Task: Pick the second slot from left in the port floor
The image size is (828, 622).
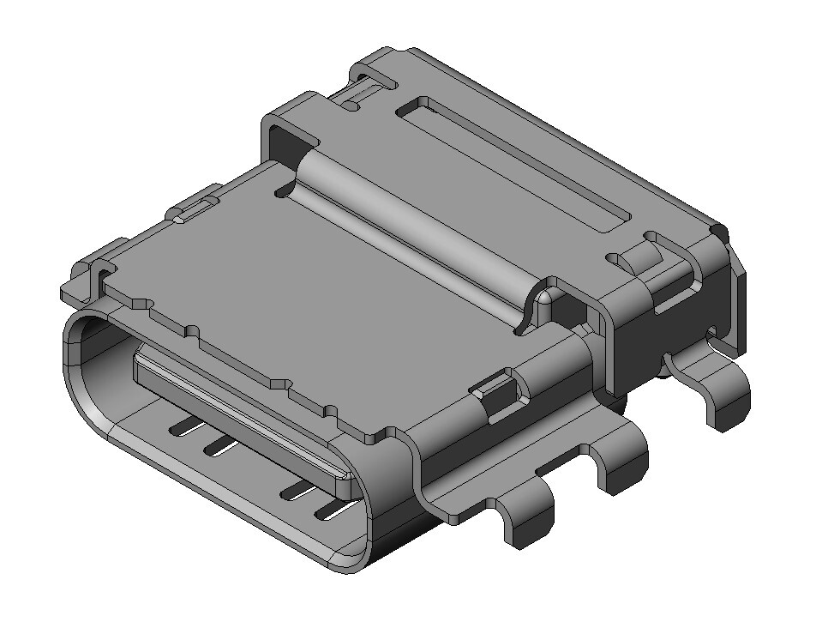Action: pos(219,444)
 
